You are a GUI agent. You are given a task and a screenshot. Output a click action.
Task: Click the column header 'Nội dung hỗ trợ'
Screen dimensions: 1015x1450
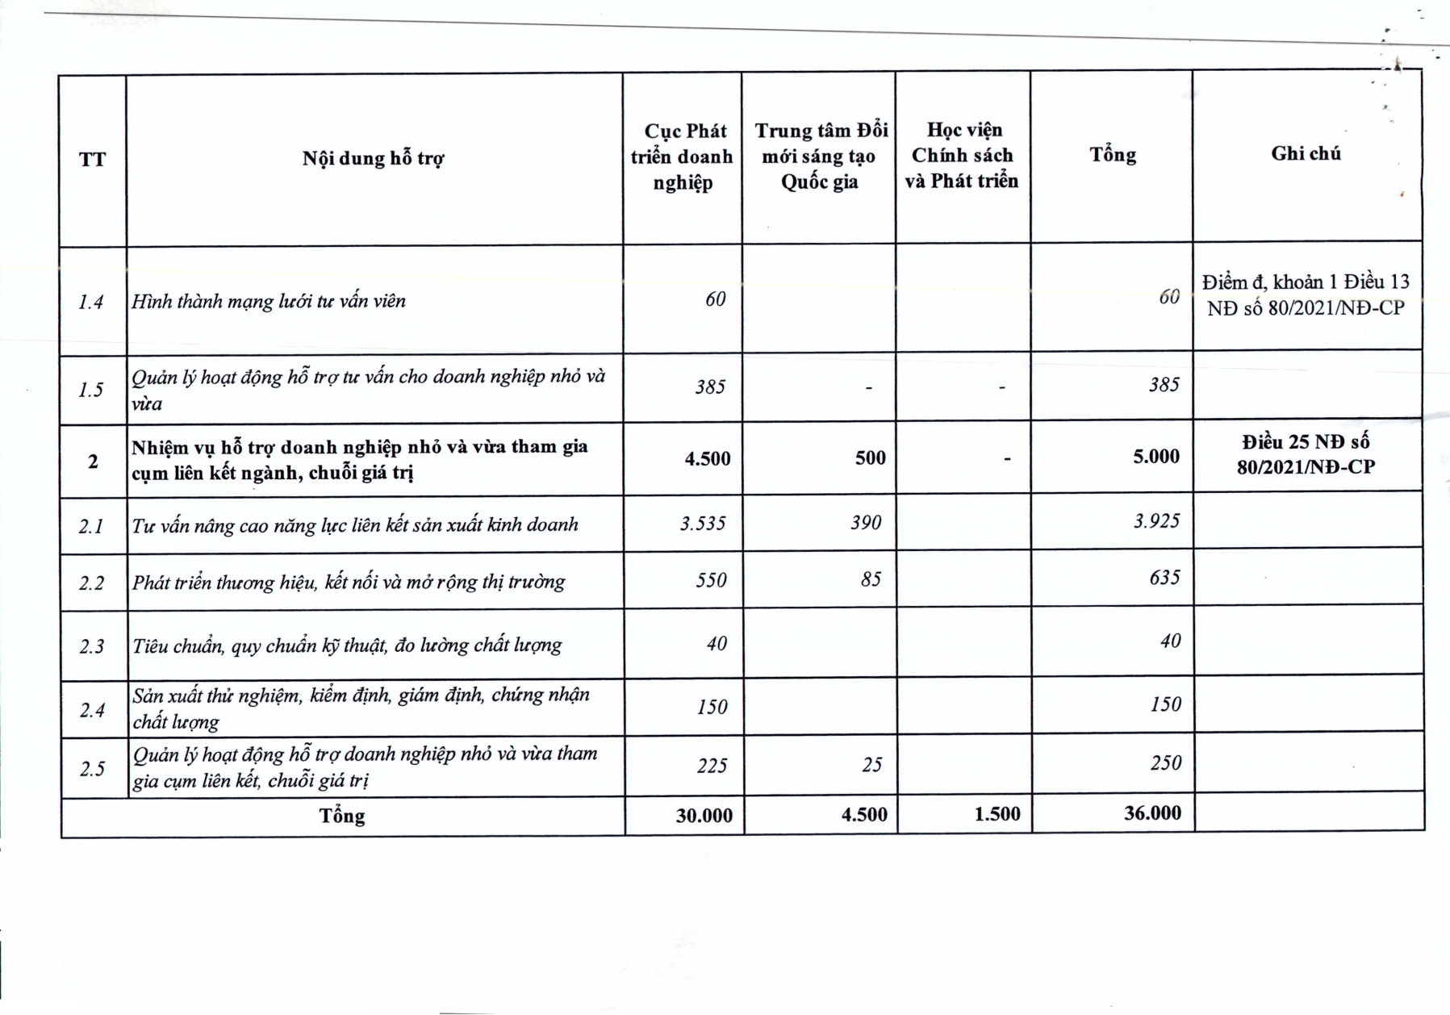tap(373, 158)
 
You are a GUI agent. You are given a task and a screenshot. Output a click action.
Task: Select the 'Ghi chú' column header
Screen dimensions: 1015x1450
tap(1306, 153)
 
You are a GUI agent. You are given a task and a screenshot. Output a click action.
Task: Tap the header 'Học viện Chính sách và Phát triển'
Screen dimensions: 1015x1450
tap(962, 155)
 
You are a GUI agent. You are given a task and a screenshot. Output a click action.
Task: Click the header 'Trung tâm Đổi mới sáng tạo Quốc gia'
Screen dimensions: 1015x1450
tap(820, 156)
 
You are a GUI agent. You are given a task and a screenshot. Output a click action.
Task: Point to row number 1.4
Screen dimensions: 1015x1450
tap(91, 303)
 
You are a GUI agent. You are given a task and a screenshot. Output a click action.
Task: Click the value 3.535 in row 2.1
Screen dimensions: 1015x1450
tap(703, 524)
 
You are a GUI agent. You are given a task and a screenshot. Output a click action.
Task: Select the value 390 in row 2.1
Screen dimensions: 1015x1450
tap(866, 523)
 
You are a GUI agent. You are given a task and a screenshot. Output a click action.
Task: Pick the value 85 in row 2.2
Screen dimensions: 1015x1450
tap(871, 579)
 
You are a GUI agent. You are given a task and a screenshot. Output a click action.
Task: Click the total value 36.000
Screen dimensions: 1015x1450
tap(1152, 812)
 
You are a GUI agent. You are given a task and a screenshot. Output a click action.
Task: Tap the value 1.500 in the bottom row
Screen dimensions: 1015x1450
tap(997, 814)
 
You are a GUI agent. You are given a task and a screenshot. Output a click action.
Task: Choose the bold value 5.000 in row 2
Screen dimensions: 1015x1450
tap(1156, 457)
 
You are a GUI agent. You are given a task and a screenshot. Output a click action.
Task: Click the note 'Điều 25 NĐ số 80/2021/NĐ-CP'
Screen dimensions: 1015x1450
tap(1306, 454)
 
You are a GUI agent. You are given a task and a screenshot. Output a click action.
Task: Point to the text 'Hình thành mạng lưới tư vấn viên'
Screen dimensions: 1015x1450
tap(269, 302)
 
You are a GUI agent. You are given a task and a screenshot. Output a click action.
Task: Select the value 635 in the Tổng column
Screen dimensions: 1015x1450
tap(1165, 578)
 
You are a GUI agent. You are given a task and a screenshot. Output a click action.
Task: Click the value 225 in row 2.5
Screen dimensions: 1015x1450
tap(712, 765)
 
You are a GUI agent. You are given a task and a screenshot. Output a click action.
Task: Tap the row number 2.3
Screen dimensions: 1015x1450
tap(92, 646)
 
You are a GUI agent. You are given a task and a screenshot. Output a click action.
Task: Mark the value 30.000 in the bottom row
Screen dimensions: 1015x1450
tap(704, 816)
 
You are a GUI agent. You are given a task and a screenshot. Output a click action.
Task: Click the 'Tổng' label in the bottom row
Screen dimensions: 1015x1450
tap(342, 816)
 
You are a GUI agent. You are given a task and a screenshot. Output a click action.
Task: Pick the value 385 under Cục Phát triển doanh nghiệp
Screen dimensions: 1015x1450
tap(710, 387)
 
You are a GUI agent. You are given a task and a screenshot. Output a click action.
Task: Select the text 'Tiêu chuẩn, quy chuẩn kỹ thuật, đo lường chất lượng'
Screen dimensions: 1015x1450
tap(347, 645)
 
